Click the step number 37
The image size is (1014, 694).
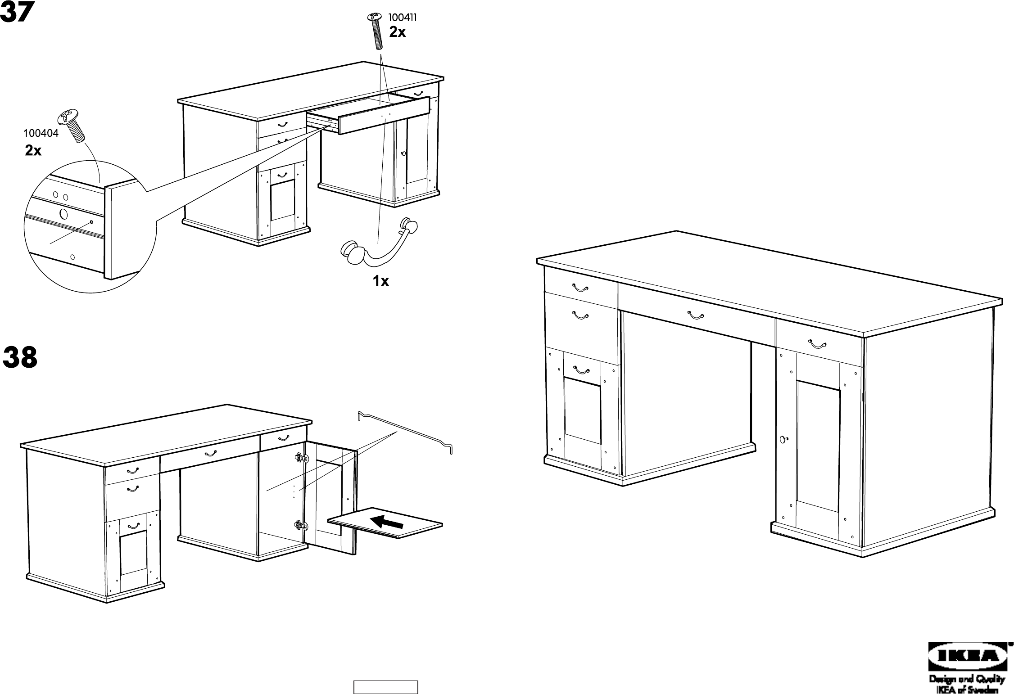pos(17,13)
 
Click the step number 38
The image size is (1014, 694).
pos(20,358)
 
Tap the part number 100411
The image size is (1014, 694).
pos(402,18)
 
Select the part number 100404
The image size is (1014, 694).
pos(41,133)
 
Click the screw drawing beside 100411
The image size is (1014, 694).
pos(376,31)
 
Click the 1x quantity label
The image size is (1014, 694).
pos(380,281)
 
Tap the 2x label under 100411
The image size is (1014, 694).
pos(397,32)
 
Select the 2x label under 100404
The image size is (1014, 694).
pos(33,151)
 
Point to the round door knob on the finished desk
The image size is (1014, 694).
pos(784,439)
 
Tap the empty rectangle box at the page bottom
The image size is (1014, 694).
pos(385,687)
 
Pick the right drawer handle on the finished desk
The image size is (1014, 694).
pos(818,345)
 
